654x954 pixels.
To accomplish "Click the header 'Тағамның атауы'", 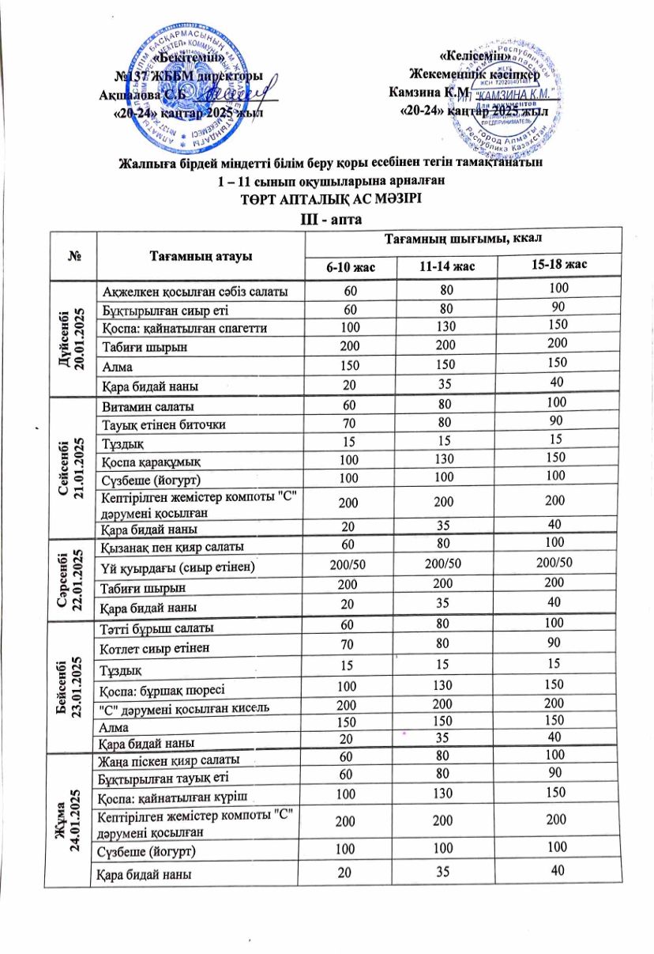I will point(200,255).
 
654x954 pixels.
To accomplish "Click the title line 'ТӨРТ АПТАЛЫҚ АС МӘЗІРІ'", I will point(326,198).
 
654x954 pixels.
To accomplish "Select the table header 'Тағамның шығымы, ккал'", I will point(462,238).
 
